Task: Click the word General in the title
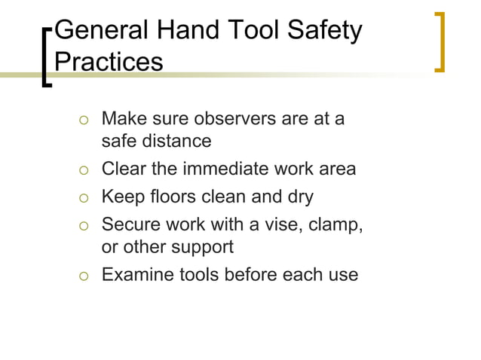[103, 32]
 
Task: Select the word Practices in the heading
[109, 61]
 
